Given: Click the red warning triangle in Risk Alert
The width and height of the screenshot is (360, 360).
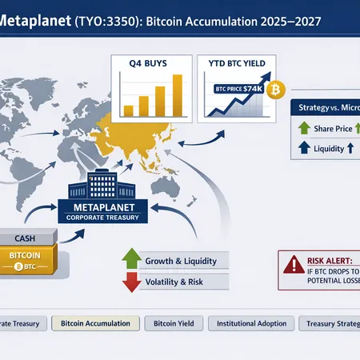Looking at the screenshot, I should (x=292, y=262).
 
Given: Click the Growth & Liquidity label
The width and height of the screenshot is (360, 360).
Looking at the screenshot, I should (x=177, y=261).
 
